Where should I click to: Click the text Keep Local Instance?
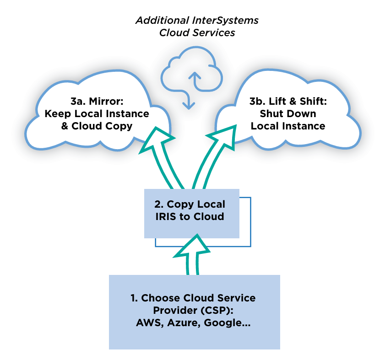click(97, 113)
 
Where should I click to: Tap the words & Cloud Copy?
click(97, 126)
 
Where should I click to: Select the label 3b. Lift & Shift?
click(288, 101)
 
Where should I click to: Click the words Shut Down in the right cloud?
click(288, 113)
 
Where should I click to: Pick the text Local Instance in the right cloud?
click(288, 126)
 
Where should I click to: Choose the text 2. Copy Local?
click(192, 204)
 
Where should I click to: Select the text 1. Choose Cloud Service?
click(193, 298)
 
